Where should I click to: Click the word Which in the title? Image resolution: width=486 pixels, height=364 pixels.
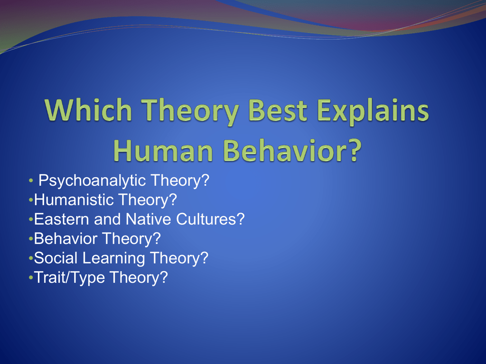point(88,110)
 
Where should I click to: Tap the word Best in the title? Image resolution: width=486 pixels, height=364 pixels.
point(278,110)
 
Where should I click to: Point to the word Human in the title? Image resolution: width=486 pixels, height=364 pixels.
point(163,150)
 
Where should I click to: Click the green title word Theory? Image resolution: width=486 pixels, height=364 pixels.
point(190,112)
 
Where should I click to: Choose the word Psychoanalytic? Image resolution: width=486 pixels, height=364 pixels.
point(92,181)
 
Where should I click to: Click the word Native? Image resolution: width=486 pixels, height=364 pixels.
point(149,219)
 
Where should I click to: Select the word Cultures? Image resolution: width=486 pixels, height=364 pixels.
point(210,219)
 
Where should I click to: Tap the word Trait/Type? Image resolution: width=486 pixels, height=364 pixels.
point(69,278)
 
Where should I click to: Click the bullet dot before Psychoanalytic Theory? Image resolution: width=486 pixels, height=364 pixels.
point(31,181)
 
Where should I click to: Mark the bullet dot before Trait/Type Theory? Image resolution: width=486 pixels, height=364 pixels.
point(31,278)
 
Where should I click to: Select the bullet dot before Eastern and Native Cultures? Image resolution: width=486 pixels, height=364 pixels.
point(31,219)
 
